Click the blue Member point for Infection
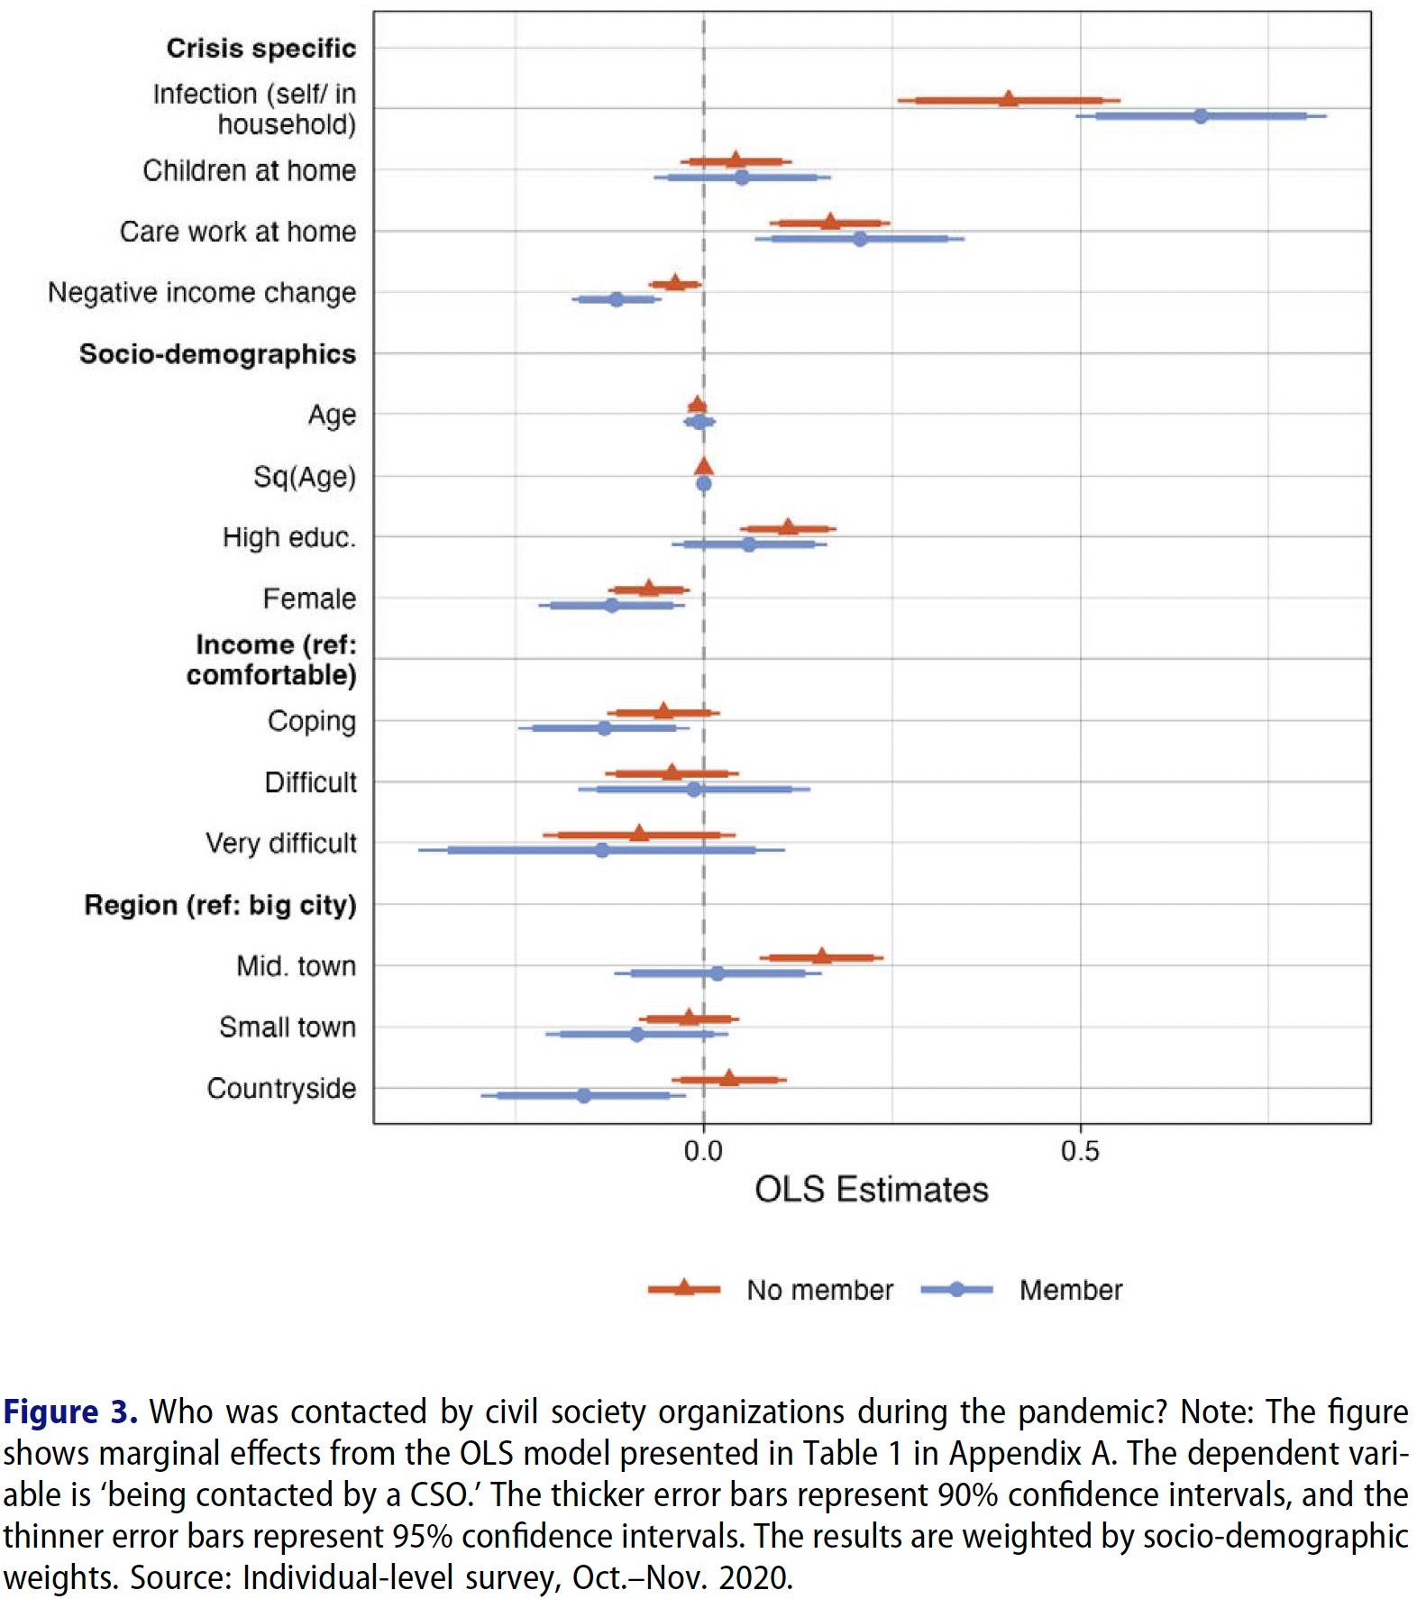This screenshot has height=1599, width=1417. coord(1200,116)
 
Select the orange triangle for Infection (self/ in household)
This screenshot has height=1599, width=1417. coord(1009,99)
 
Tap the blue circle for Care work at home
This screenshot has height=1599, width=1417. coord(860,239)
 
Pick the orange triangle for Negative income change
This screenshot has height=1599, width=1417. coord(675,283)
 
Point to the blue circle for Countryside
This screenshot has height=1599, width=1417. coord(583,1096)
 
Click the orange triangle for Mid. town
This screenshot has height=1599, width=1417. coord(821,956)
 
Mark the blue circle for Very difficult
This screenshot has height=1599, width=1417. coord(602,850)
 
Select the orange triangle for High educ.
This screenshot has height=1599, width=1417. coord(788,527)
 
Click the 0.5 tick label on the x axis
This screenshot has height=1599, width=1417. coord(1079,1151)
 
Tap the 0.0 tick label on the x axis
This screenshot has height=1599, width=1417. coord(703,1151)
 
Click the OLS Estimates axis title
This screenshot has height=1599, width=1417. coord(871,1190)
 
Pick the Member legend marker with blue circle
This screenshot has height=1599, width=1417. coord(956,1290)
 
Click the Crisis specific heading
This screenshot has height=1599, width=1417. coord(261,49)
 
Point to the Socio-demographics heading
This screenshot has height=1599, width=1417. coord(217,354)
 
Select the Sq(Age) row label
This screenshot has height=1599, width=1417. coord(304,476)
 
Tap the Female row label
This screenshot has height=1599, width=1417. coord(309,598)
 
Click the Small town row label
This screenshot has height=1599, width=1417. coord(288,1027)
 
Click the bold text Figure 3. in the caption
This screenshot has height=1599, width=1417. coord(69,1412)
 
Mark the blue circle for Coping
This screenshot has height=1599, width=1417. coord(604,728)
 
